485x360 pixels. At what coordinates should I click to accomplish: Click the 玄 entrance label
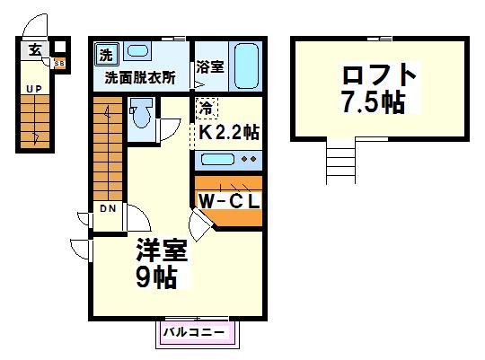pos(35,49)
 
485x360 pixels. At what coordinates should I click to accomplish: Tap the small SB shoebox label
pos(59,64)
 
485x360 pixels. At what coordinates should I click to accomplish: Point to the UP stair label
pos(34,90)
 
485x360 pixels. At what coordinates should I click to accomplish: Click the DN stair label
pos(109,208)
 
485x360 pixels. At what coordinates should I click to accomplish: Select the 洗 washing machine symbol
pos(106,55)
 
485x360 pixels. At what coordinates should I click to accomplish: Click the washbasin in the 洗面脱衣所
pos(137,50)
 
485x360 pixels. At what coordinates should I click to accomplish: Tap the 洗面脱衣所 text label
pos(140,77)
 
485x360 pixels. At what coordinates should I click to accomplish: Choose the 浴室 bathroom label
pos(210,66)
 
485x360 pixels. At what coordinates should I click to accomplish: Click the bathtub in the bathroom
pos(246,66)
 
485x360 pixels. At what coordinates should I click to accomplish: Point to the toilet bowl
pos(142,113)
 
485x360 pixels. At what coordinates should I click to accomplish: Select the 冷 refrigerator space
pos(207,108)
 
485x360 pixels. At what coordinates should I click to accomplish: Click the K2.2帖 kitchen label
pos(229,132)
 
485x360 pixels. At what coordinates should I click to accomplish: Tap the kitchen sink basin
pos(217,159)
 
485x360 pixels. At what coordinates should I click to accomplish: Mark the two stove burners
pos(249,159)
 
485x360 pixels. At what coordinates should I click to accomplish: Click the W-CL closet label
pos(229,201)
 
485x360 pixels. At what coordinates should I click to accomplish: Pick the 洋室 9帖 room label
pos(162,264)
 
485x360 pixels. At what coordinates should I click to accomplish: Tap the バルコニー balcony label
pos(194,332)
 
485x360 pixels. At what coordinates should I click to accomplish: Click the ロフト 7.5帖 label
pos(379,88)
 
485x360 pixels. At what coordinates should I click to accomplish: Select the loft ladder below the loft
pos(341,161)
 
